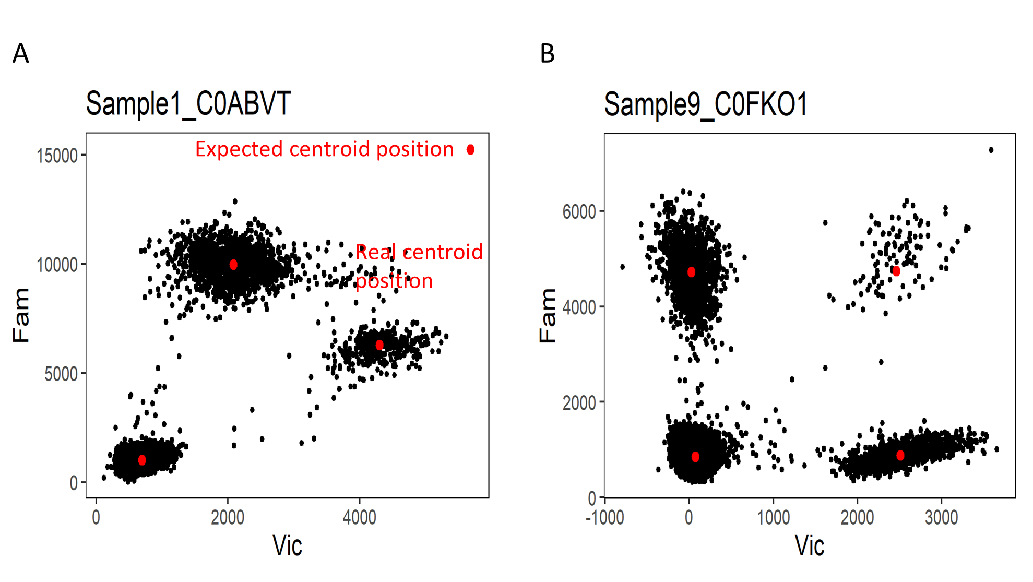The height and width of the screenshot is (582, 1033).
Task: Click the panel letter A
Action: pyautogui.click(x=21, y=54)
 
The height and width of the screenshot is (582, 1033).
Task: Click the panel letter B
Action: pyautogui.click(x=547, y=54)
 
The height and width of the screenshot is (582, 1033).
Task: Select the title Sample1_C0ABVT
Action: pyautogui.click(x=188, y=104)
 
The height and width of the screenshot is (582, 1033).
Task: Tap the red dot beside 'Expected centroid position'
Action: pyautogui.click(x=470, y=150)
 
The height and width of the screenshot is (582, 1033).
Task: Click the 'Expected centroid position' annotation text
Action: pyautogui.click(x=324, y=149)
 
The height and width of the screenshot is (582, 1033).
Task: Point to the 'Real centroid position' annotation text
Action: pyautogui.click(x=419, y=266)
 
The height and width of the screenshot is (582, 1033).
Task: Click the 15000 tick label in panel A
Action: pyautogui.click(x=57, y=156)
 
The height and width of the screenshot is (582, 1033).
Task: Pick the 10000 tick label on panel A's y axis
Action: pyautogui.click(x=57, y=265)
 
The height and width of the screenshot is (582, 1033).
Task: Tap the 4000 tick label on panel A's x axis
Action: pyautogui.click(x=359, y=518)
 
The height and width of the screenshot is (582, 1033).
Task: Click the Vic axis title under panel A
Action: pyautogui.click(x=287, y=546)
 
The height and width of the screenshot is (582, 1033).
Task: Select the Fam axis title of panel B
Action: pyautogui.click(x=548, y=315)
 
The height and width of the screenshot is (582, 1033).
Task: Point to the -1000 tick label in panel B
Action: pyautogui.click(x=604, y=518)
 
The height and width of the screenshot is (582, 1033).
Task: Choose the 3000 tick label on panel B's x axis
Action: pyautogui.click(x=941, y=518)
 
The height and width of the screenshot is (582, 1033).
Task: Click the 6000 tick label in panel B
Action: pyautogui.click(x=579, y=212)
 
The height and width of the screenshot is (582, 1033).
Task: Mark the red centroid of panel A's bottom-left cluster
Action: pyautogui.click(x=142, y=460)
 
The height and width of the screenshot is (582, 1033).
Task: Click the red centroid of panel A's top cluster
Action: pyautogui.click(x=233, y=265)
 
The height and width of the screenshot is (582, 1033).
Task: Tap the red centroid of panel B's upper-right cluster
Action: pyautogui.click(x=896, y=271)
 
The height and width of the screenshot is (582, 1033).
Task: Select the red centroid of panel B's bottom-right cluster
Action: pyautogui.click(x=900, y=455)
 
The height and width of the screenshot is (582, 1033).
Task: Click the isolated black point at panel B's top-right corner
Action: pyautogui.click(x=991, y=150)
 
